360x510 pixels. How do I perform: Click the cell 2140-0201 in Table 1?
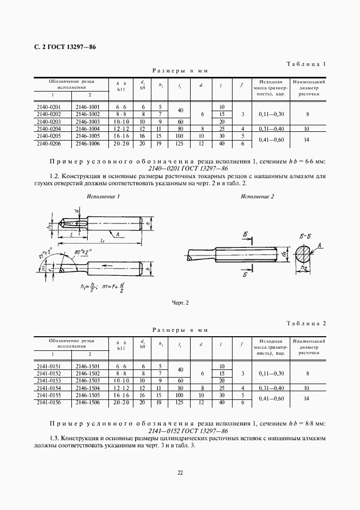[49, 107]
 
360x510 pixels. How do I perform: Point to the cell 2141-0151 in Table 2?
[49, 366]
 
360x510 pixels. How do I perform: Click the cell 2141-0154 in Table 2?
[49, 387]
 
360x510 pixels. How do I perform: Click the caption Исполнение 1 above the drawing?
[103, 196]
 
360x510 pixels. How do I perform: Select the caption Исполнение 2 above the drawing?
[258, 196]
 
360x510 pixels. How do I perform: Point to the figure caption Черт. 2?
[180, 302]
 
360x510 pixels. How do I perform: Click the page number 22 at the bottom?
[180, 472]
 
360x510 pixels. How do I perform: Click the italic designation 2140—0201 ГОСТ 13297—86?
[180, 169]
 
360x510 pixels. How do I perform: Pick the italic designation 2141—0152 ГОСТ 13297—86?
[180, 430]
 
